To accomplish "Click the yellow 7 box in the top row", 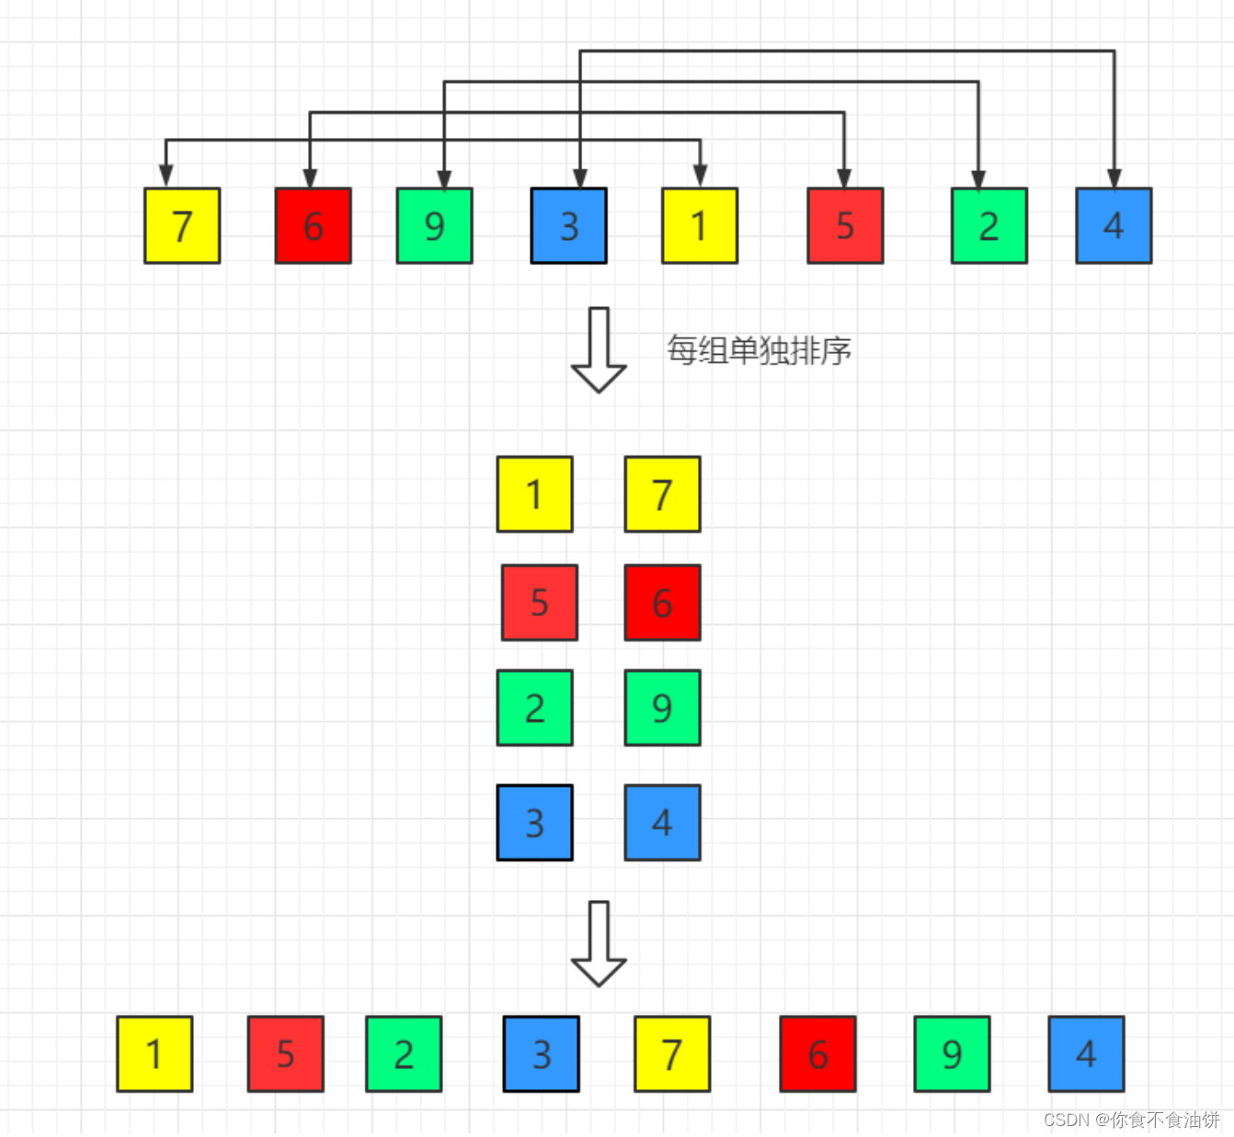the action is coord(182,226).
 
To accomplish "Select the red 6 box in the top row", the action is coord(313,226).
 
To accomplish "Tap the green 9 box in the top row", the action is coord(434,226).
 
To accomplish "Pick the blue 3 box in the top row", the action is coord(568,226).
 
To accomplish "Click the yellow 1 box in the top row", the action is coord(699,226).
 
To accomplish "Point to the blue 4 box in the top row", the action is coord(1114,226).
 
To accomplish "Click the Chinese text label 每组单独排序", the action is coord(759,350).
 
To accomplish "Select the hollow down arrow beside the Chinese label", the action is coord(599,350).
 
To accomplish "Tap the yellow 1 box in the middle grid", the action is coord(534,495).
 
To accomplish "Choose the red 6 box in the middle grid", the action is coord(662,603).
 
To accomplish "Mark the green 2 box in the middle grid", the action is coord(534,708).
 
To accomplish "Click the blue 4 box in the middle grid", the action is coord(662,823).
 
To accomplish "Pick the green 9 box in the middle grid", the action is coord(662,708).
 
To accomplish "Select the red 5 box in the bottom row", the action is coord(285,1054).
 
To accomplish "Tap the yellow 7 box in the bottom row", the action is coord(672,1054).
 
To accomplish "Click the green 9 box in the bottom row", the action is coord(952,1054).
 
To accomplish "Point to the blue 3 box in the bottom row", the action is coord(541,1054).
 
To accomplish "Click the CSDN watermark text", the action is coord(1131,1120).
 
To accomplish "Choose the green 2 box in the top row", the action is coord(988,226).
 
